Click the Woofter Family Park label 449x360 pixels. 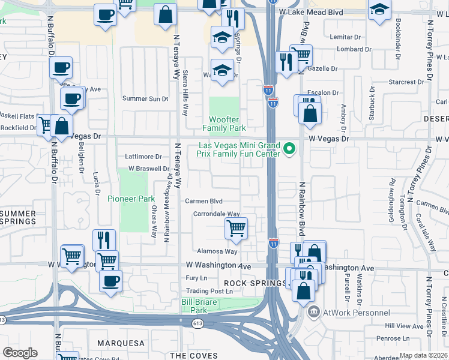click(224, 124)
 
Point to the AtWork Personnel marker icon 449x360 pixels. click(313, 313)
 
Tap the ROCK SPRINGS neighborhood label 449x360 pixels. click(256, 283)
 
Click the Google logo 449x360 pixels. click(20, 353)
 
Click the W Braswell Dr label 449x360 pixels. click(145, 169)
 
